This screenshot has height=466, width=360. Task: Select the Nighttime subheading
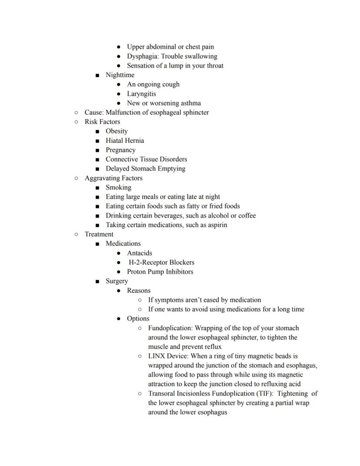[x=120, y=75]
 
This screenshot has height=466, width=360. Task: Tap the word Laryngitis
[x=141, y=94]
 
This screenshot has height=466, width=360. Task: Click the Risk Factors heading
[x=102, y=122]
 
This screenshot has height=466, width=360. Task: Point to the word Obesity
[x=117, y=131]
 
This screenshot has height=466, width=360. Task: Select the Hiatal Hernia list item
[x=125, y=141]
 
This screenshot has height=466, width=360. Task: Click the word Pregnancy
[x=120, y=150]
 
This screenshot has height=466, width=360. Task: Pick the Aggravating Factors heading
[x=113, y=178]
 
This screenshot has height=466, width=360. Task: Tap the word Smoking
[x=118, y=188]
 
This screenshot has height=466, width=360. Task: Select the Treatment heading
[x=99, y=234]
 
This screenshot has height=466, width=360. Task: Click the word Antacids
[x=140, y=253]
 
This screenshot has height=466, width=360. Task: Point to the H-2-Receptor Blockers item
[x=161, y=262]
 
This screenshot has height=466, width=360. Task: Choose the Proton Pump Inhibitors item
[x=160, y=272]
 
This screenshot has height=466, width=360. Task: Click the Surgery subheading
[x=117, y=281]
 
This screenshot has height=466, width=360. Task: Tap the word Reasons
[x=139, y=291]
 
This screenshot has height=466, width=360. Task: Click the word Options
[x=138, y=318]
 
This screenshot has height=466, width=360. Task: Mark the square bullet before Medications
[x=97, y=244]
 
